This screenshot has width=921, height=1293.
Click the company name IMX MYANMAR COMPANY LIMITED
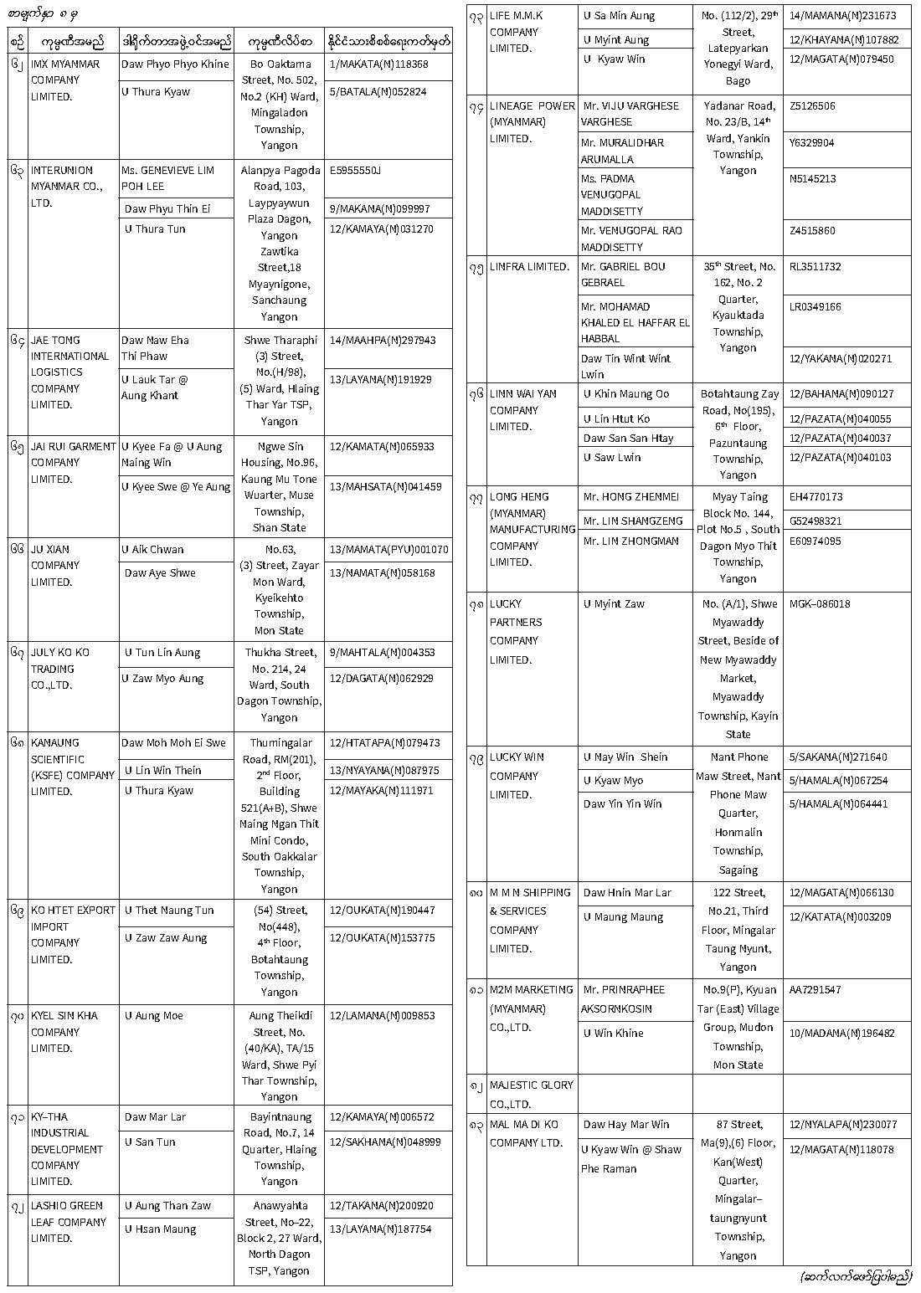[65, 80]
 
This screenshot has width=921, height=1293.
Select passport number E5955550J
[356, 171]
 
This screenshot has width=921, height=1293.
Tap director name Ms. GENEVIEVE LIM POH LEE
[167, 178]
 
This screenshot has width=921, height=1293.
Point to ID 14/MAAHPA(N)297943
[383, 341]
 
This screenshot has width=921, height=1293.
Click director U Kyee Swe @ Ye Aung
[176, 487]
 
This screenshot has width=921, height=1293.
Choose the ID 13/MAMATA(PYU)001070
[388, 550]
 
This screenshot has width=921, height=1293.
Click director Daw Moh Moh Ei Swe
[173, 743]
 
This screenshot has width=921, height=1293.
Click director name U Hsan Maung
[161, 1229]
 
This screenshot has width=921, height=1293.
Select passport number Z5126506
[812, 106]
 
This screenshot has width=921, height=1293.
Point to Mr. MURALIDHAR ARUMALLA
[622, 151]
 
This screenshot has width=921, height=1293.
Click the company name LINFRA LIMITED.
[529, 267]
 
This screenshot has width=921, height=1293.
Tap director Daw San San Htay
[628, 439]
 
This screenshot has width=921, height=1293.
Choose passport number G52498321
[816, 521]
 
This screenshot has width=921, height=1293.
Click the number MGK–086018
[820, 603]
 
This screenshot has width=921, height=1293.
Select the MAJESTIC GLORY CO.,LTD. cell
[532, 1094]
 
